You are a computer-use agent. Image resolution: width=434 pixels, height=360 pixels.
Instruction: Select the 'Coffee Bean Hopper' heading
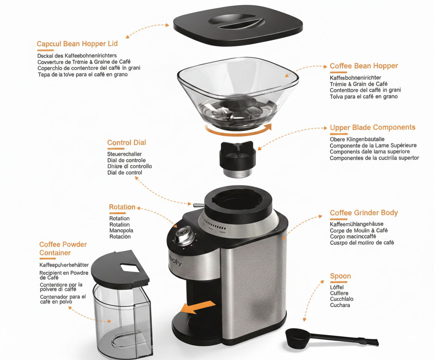(x=363, y=66)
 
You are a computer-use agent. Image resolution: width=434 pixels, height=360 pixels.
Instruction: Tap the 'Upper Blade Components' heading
(x=372, y=128)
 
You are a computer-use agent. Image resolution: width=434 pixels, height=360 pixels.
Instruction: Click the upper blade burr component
(x=237, y=159)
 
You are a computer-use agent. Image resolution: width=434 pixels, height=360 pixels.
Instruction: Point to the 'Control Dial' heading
(x=126, y=143)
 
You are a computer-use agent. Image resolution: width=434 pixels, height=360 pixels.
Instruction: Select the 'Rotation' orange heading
(x=122, y=207)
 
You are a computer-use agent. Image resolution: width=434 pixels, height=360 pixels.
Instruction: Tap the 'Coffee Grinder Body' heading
(x=363, y=213)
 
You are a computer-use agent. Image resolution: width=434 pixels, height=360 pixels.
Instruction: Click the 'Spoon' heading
(x=340, y=276)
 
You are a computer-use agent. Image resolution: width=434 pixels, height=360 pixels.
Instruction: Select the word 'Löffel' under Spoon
(x=337, y=287)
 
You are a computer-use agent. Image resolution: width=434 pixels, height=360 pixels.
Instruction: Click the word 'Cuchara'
(x=340, y=305)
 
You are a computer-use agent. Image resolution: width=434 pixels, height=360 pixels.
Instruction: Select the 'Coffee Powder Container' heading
(x=63, y=249)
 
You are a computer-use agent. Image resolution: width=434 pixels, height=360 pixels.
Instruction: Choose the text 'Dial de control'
(x=124, y=173)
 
